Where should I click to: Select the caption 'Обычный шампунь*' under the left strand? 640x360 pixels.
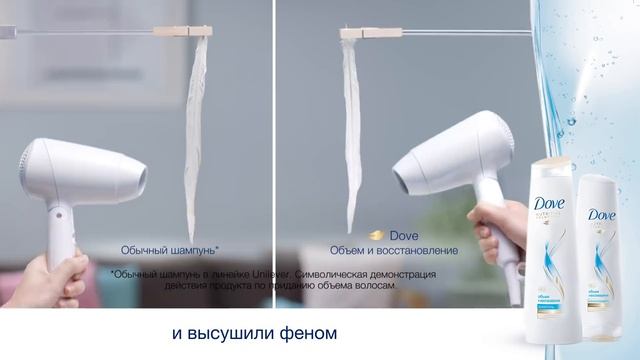170,249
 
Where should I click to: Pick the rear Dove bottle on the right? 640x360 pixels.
601,255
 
